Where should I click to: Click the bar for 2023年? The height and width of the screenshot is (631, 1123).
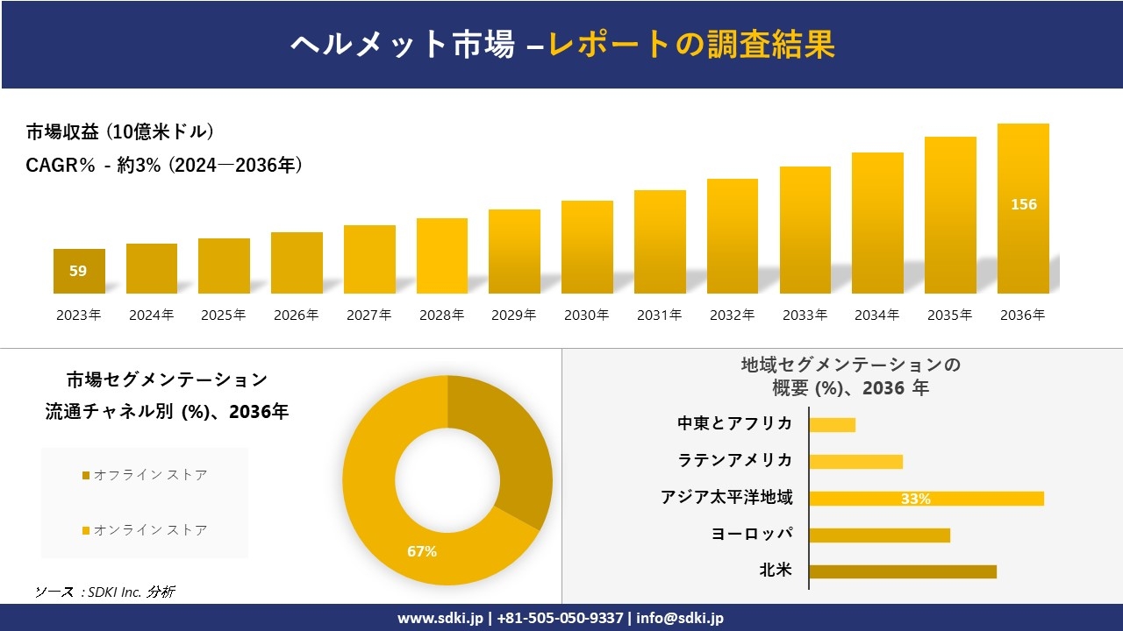(79, 271)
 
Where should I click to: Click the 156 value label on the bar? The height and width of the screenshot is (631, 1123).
(1023, 204)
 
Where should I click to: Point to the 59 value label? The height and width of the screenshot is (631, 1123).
(78, 271)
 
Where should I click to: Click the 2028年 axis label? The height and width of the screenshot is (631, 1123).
(441, 315)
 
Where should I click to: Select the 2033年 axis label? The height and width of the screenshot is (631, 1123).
(805, 315)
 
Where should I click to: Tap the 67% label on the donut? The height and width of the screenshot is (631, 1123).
(422, 551)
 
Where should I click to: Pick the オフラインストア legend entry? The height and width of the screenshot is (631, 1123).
(145, 475)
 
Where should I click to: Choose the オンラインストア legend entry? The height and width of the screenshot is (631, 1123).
(145, 530)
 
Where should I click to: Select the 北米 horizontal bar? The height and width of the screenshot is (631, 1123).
(903, 571)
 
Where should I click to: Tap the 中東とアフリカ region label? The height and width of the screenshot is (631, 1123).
(734, 424)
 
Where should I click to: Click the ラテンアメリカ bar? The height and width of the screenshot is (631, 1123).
(855, 462)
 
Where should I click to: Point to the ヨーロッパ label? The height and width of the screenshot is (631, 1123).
(752, 535)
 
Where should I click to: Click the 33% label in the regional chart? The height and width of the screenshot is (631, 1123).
(915, 499)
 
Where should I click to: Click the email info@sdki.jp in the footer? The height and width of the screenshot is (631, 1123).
(680, 618)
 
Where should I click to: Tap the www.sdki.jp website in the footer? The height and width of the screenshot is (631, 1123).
(440, 618)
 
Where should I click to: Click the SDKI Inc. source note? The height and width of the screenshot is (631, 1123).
(105, 592)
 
